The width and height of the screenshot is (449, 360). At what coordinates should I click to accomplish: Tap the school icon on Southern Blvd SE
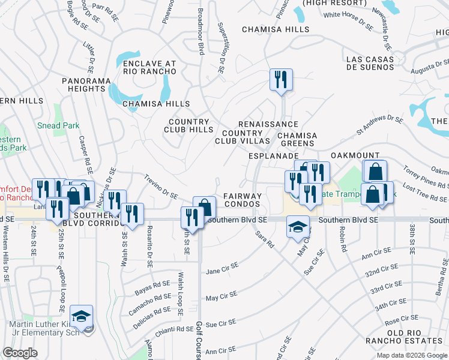[x=298, y=227]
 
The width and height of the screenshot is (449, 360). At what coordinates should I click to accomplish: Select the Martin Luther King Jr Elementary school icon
[x=82, y=316]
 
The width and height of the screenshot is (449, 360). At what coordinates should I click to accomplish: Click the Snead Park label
[x=58, y=125]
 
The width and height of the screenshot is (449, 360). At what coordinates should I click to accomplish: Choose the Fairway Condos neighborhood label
[x=243, y=200]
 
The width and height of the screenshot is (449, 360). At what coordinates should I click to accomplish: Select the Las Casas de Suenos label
[x=379, y=63]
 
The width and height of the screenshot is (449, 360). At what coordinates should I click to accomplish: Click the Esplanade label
[x=270, y=155]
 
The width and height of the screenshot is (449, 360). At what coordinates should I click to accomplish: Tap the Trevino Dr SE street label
[x=161, y=186]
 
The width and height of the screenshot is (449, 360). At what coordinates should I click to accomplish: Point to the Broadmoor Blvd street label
[x=202, y=32]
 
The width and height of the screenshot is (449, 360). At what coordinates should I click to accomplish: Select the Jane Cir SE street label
[x=222, y=268]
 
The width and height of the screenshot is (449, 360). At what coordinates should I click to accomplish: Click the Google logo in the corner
[x=20, y=353]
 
